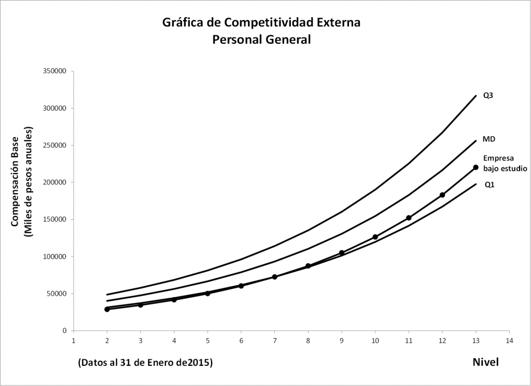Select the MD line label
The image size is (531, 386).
[488, 139]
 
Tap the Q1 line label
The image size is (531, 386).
[489, 184]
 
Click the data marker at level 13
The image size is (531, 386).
[476, 167]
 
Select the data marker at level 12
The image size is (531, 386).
[442, 195]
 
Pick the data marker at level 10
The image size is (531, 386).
[375, 237]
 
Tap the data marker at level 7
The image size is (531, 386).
[275, 277]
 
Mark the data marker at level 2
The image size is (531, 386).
[107, 309]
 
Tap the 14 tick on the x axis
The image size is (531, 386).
[509, 341]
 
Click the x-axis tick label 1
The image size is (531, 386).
[74, 341]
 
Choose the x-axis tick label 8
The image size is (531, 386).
[308, 341]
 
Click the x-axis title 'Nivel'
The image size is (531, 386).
[485, 362]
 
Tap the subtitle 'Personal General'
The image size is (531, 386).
[261, 39]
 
